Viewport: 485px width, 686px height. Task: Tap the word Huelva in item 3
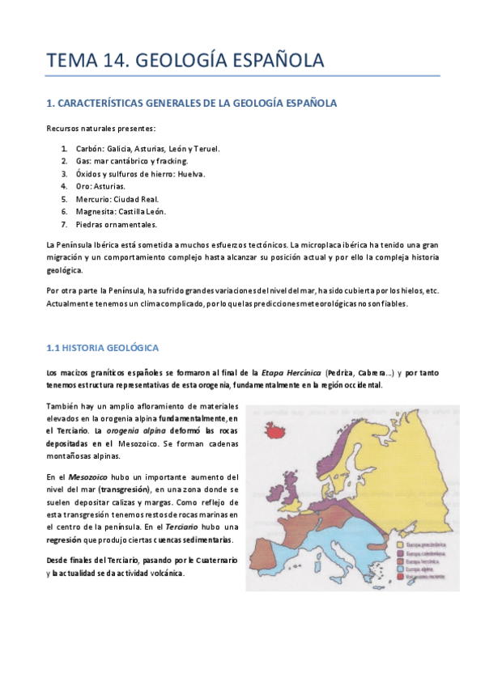tap(189, 173)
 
